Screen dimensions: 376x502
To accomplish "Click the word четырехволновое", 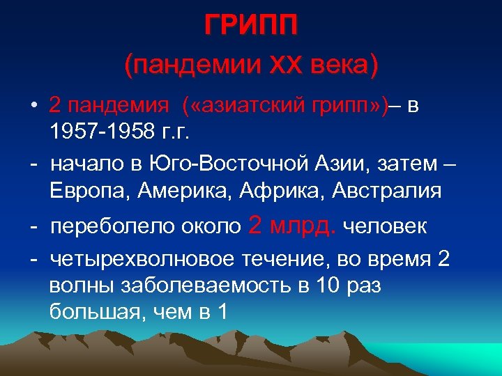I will (x=142, y=260).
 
